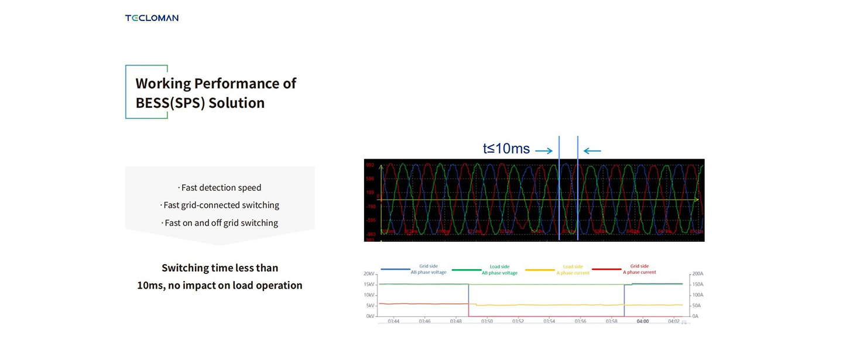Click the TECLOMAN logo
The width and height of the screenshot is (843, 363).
pyautogui.click(x=152, y=18)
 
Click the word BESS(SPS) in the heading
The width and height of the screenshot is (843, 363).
pyautogui.click(x=169, y=103)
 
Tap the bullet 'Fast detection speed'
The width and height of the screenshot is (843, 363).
pyautogui.click(x=220, y=188)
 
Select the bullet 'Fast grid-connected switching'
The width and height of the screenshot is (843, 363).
pyautogui.click(x=220, y=206)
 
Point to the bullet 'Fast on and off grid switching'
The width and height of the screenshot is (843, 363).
pyautogui.click(x=220, y=223)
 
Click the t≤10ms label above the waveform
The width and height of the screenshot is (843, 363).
pyautogui.click(x=506, y=149)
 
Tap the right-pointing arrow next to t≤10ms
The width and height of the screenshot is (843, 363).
pyautogui.click(x=544, y=151)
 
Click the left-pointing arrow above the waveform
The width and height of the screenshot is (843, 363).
pyautogui.click(x=592, y=151)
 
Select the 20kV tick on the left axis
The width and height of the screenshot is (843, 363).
pyautogui.click(x=369, y=274)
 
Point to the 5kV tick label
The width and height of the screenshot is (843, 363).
pyautogui.click(x=370, y=306)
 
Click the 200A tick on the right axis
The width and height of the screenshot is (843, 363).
pyautogui.click(x=697, y=274)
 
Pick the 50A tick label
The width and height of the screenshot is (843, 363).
pyautogui.click(x=697, y=306)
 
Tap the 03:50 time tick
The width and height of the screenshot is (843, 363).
pyautogui.click(x=486, y=321)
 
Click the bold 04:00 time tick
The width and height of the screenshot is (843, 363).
pyautogui.click(x=643, y=321)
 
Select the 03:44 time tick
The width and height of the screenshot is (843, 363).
pyautogui.click(x=393, y=321)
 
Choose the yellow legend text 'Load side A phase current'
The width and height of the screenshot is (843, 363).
pyautogui.click(x=573, y=269)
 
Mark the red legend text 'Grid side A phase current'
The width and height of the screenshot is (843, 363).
pyautogui.click(x=639, y=269)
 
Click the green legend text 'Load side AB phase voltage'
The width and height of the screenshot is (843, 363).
pyautogui.click(x=499, y=270)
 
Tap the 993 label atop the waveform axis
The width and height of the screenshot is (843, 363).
pyautogui.click(x=370, y=166)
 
